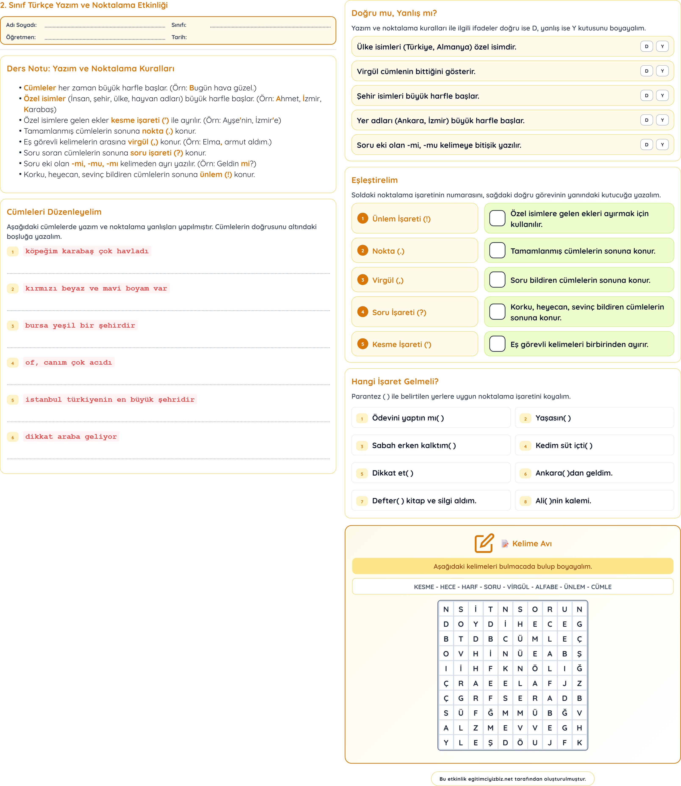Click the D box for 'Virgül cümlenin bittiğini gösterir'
coord(646,71)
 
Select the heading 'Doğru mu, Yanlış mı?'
coord(394,13)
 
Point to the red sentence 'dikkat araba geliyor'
coord(71,437)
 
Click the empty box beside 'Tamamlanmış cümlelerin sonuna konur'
coord(497,250)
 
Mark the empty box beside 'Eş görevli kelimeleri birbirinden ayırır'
coord(497,344)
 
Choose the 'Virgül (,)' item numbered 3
coord(388,280)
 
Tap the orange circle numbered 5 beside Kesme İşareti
coord(363,344)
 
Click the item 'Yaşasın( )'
coord(553,418)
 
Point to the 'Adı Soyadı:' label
coord(21,25)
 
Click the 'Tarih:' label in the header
coord(179,37)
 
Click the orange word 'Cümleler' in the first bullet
coord(40,88)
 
